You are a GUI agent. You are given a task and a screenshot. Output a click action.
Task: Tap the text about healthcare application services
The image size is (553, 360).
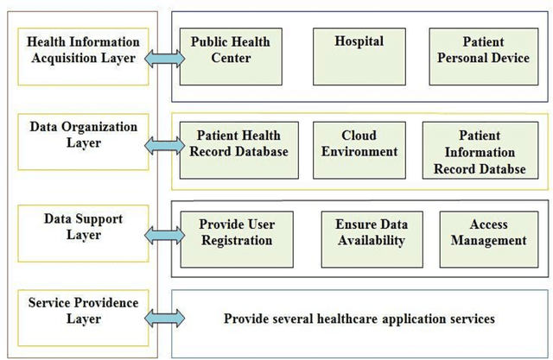point(359,319)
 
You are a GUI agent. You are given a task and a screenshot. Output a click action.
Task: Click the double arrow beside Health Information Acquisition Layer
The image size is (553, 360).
point(163,59)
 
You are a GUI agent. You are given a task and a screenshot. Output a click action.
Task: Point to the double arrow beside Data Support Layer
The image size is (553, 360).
point(163,233)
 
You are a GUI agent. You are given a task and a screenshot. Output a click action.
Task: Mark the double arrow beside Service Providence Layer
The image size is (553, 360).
point(163,318)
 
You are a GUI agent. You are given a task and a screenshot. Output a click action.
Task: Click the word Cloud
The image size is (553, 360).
point(359,136)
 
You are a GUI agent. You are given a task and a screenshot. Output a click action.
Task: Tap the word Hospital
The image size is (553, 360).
point(359,41)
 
